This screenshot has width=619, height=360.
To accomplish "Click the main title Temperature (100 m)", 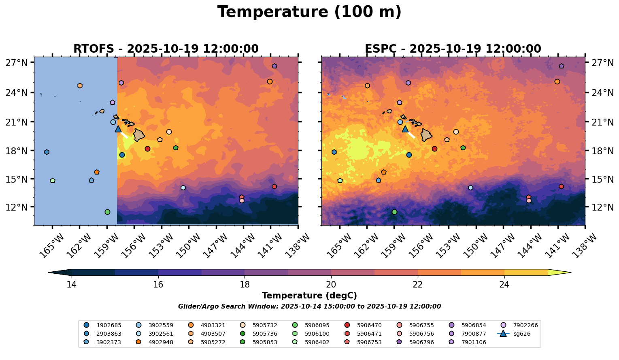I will click(x=309, y=12).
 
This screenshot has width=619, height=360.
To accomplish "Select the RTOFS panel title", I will click(x=166, y=49).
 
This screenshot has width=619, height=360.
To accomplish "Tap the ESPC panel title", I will click(x=453, y=49).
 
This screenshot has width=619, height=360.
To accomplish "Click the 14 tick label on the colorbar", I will click(x=72, y=285).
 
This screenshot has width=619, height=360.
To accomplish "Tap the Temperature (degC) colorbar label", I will click(x=309, y=296).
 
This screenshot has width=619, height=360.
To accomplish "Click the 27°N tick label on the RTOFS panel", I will click(x=17, y=63).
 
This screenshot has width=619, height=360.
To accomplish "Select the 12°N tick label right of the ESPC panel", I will click(x=603, y=207).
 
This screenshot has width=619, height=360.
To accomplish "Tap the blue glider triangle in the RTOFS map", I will click(x=118, y=129).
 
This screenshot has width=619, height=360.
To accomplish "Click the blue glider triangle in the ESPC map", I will click(x=405, y=129).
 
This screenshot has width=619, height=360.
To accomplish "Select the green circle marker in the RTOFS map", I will click(x=107, y=212).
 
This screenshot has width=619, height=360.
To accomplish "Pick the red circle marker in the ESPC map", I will click(x=434, y=149).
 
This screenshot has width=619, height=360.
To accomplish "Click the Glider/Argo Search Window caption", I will click(x=309, y=307).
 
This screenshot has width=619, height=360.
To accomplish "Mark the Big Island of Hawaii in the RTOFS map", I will click(x=139, y=135).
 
